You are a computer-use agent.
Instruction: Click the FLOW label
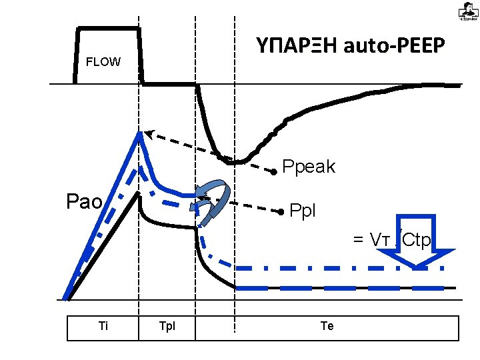(x=103, y=63)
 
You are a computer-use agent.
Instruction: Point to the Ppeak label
(x=309, y=167)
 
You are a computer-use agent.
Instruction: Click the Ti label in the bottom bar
(x=103, y=327)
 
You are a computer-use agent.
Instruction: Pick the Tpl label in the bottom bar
(x=167, y=327)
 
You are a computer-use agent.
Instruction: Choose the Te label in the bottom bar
(x=327, y=327)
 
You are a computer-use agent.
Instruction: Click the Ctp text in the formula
(x=417, y=240)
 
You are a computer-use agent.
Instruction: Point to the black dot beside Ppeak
(x=274, y=172)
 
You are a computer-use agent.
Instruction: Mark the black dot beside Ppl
(x=281, y=212)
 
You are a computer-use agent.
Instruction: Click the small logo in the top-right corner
(x=467, y=11)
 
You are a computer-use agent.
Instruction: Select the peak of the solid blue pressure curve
(x=140, y=133)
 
